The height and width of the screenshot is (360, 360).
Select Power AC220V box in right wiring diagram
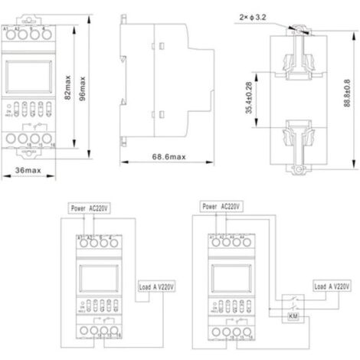click(x=221, y=206)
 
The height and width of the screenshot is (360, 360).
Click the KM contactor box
click(x=293, y=316)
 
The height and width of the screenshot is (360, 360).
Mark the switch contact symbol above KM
click(x=292, y=298)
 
